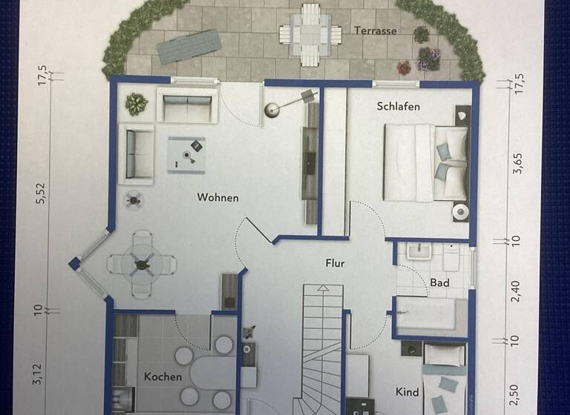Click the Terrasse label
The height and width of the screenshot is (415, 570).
375,31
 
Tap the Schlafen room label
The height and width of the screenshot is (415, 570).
398,107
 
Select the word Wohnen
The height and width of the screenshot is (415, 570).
217,198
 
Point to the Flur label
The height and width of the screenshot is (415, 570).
335,262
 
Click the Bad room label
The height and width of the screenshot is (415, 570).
439,282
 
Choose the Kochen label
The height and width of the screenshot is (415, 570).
163,376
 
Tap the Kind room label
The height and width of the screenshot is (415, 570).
407,392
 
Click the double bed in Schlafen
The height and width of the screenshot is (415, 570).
425,162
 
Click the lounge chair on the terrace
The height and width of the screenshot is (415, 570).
189,45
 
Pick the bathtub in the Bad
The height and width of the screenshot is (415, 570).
431,315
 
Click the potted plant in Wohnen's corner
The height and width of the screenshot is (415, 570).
136,104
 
